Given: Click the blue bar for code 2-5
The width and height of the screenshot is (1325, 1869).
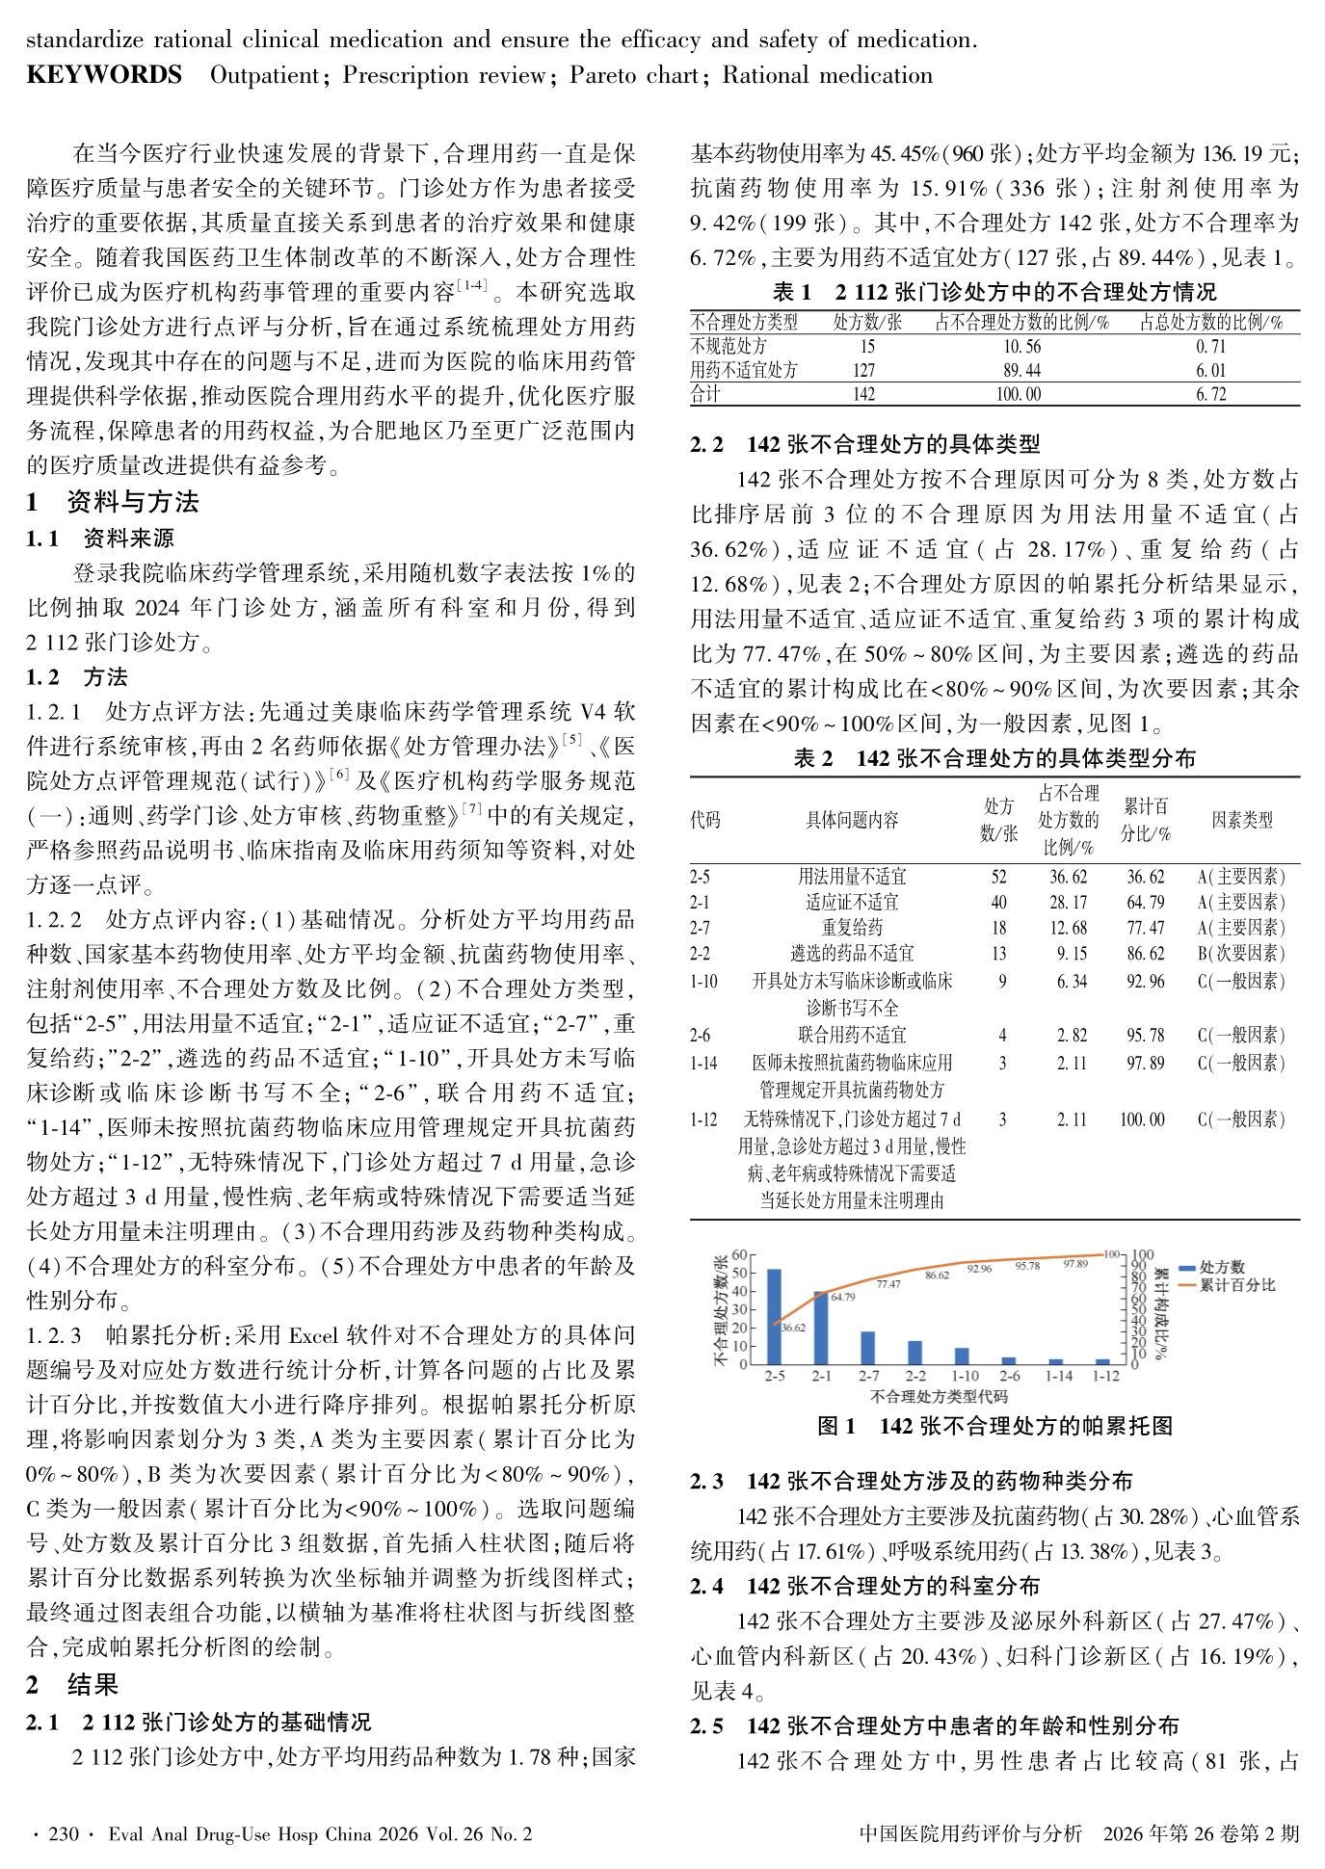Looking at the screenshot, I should [x=774, y=1316].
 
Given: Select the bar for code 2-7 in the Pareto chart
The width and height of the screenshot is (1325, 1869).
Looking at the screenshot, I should [x=867, y=1348].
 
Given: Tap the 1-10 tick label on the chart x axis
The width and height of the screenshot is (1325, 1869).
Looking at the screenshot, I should [x=966, y=1376].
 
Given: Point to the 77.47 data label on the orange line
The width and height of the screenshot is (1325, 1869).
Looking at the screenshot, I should [x=888, y=1284].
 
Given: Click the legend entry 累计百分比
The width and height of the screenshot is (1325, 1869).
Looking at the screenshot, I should [x=1237, y=1285].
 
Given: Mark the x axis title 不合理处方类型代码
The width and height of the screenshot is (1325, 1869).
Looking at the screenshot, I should [x=939, y=1396].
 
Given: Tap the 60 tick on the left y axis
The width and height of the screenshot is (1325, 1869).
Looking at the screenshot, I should [x=739, y=1254].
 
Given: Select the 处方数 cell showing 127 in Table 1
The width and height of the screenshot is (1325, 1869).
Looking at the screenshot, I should [x=863, y=370].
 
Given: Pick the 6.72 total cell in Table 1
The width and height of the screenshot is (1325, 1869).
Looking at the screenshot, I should [x=1211, y=394].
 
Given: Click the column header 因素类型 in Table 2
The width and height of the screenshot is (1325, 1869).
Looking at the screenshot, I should [x=1241, y=820].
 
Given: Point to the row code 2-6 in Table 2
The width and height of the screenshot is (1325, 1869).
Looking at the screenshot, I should [x=700, y=1036].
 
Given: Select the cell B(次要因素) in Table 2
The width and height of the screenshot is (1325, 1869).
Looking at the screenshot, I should [x=1241, y=954].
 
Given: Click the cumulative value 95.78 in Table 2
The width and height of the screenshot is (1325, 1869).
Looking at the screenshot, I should [x=1145, y=1036].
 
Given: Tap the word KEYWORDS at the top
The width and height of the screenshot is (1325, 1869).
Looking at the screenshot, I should [x=104, y=75].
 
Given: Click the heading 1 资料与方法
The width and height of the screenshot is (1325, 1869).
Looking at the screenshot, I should [x=113, y=502].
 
